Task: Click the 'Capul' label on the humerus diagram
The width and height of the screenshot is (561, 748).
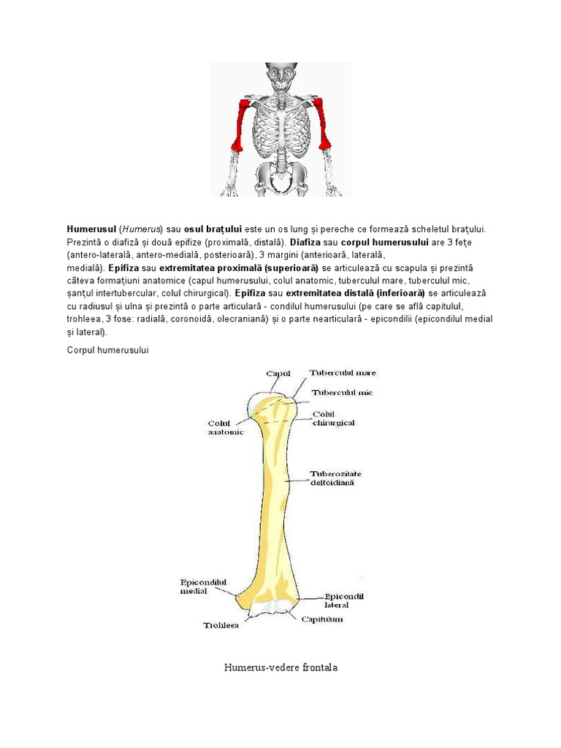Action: tap(278, 373)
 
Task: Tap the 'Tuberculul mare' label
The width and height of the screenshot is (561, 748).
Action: tap(343, 373)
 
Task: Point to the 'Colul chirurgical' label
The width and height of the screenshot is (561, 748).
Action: tap(334, 418)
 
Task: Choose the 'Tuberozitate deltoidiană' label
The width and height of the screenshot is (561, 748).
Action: tap(335, 478)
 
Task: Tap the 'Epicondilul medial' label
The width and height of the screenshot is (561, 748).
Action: tap(204, 587)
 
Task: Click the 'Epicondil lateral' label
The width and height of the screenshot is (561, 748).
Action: tap(344, 600)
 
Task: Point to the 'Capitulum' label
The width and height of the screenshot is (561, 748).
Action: tap(322, 619)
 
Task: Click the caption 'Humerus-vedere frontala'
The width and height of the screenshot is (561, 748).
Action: tap(281, 668)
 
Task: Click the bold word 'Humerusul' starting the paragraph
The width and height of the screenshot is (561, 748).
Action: tap(91, 229)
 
